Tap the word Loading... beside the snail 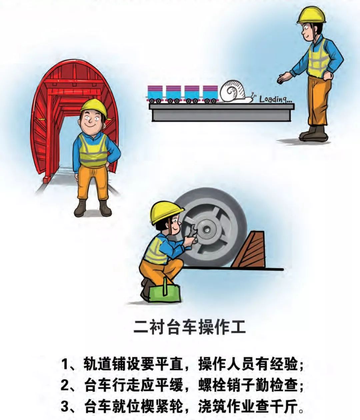point(275,99)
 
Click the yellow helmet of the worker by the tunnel point(94,107)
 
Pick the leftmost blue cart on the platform point(155,94)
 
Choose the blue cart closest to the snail point(210,94)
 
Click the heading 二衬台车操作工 point(190,327)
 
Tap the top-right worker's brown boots point(313,134)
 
